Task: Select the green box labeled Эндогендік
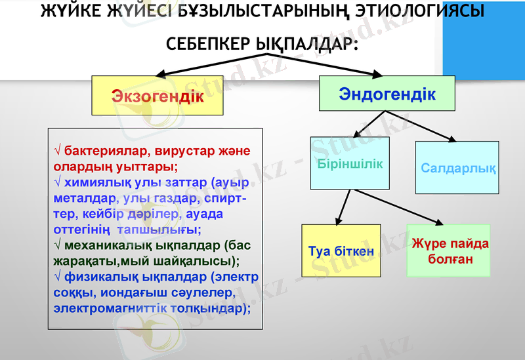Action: (387, 94)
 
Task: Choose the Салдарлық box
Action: (457, 168)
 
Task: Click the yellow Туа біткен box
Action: (341, 250)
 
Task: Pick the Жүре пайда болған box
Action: (449, 250)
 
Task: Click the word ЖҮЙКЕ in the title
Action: (72, 11)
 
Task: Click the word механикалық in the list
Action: (108, 245)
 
